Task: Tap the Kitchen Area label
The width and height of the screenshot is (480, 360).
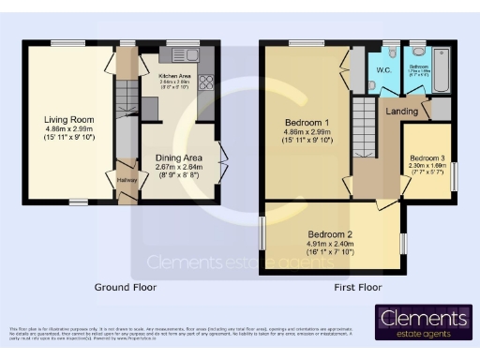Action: (175, 75)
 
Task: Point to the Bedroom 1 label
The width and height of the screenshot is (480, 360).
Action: (307, 122)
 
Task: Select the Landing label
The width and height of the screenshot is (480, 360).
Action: (401, 111)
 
